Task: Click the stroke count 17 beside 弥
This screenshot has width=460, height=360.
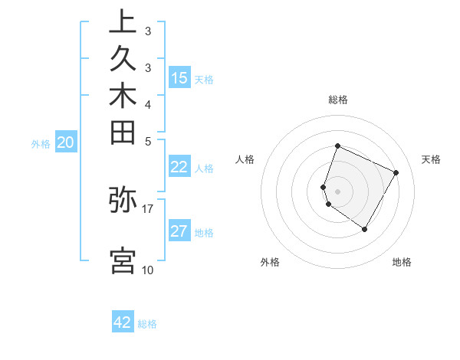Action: tap(148, 207)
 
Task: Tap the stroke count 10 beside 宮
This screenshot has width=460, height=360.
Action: tap(148, 270)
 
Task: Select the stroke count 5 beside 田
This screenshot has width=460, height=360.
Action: tap(148, 141)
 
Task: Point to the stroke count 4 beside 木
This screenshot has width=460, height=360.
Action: tap(148, 103)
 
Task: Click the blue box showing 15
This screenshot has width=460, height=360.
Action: tap(179, 78)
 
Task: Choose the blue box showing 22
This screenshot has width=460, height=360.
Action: tap(179, 167)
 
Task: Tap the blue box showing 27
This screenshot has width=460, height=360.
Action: tap(179, 231)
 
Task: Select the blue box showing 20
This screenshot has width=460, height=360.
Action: tap(66, 142)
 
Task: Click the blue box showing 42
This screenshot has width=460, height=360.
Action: tap(123, 322)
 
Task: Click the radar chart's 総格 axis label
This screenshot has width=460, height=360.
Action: tap(337, 100)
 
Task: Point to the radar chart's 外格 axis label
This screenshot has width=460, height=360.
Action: tap(270, 263)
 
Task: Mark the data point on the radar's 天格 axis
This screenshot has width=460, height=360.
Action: tap(396, 173)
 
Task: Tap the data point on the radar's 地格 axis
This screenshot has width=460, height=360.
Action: tap(365, 230)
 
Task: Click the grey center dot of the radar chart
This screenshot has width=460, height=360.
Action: tap(337, 191)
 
